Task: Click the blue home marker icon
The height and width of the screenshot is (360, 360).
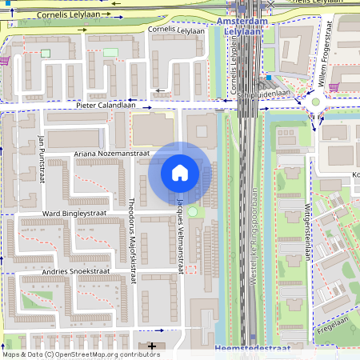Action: (180, 172)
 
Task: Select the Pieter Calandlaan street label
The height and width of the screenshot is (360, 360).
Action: (113, 105)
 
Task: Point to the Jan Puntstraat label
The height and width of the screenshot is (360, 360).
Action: (40, 158)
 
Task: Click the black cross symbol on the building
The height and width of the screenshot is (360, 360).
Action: (153, 346)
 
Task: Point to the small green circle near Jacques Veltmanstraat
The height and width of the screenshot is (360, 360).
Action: (192, 211)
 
